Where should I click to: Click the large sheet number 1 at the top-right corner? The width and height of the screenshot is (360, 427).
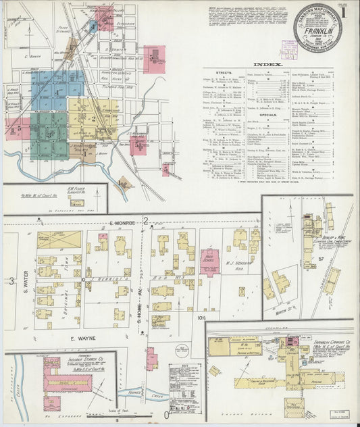click(350, 11)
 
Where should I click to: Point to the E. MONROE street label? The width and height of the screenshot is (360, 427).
click(118, 222)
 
